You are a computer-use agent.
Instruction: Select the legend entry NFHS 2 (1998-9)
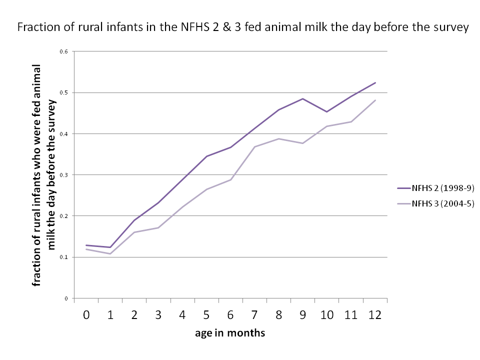[435, 188]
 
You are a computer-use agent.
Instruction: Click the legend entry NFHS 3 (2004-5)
[435, 203]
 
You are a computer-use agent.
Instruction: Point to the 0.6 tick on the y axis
[63, 51]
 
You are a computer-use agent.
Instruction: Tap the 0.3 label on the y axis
[63, 175]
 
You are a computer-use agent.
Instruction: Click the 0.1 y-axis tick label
[63, 257]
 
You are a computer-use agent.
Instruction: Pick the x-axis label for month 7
[254, 315]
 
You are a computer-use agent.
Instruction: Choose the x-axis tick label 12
[375, 315]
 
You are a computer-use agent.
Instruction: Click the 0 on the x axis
[86, 315]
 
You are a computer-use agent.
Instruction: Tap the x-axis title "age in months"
[230, 333]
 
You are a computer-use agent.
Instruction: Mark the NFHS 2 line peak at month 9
[303, 98]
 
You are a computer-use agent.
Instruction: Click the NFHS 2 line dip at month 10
[326, 111]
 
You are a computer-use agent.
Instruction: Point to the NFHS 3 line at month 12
[375, 100]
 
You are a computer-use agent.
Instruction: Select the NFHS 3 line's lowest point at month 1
[110, 254]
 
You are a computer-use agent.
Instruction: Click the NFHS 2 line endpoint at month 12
[375, 82]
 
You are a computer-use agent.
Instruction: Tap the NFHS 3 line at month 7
[254, 146]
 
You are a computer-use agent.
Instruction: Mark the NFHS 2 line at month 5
[206, 156]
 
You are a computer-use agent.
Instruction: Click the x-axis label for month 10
[326, 315]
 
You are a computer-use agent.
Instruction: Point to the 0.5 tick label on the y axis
[63, 92]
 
